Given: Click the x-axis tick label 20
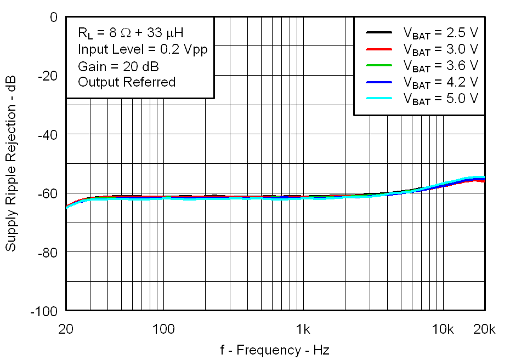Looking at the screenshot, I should pyautogui.click(x=66, y=329).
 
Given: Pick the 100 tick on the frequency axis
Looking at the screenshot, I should pyautogui.click(x=163, y=329).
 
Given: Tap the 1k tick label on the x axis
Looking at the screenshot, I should pyautogui.click(x=303, y=329).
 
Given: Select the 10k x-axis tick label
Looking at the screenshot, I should pyautogui.click(x=442, y=329).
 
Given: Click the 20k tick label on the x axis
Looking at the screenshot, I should pyautogui.click(x=484, y=329).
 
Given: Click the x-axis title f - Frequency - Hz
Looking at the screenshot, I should pyautogui.click(x=275, y=350).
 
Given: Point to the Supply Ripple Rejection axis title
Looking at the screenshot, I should pyautogui.click(x=11, y=164).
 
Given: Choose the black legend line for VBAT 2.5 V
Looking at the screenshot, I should pyautogui.click(x=378, y=33).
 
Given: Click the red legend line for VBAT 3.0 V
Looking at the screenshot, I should pyautogui.click(x=378, y=49).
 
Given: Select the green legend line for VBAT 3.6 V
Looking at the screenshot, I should pyautogui.click(x=378, y=66).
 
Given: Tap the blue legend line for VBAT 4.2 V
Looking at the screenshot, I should pyautogui.click(x=378, y=82).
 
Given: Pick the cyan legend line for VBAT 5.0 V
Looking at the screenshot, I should pyautogui.click(x=378, y=99).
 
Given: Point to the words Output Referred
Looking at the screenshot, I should pyautogui.click(x=127, y=82).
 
